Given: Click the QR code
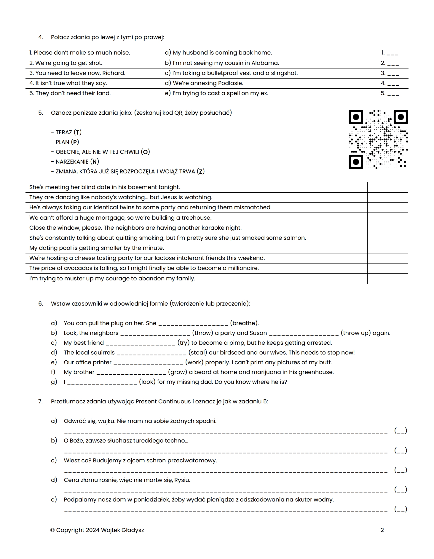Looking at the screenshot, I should point(378,139).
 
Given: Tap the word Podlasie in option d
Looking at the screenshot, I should point(230,83).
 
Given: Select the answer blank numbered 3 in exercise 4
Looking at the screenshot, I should point(393,73).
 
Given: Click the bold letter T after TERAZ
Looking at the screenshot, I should point(77,132).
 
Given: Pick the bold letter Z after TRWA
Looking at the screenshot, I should point(201,171).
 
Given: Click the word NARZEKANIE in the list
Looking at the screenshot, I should point(72,162).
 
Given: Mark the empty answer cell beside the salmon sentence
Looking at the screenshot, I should point(387,238).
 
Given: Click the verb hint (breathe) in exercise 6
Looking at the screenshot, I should point(244,323).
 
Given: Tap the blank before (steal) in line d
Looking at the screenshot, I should point(151,353).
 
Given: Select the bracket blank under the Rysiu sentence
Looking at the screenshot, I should point(401,489).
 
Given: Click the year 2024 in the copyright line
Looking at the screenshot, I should point(92,530).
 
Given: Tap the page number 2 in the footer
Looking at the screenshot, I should point(382,530).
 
